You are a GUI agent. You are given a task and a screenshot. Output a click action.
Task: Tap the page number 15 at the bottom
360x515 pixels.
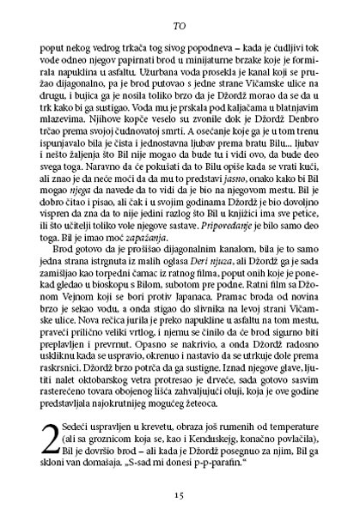[180, 495]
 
